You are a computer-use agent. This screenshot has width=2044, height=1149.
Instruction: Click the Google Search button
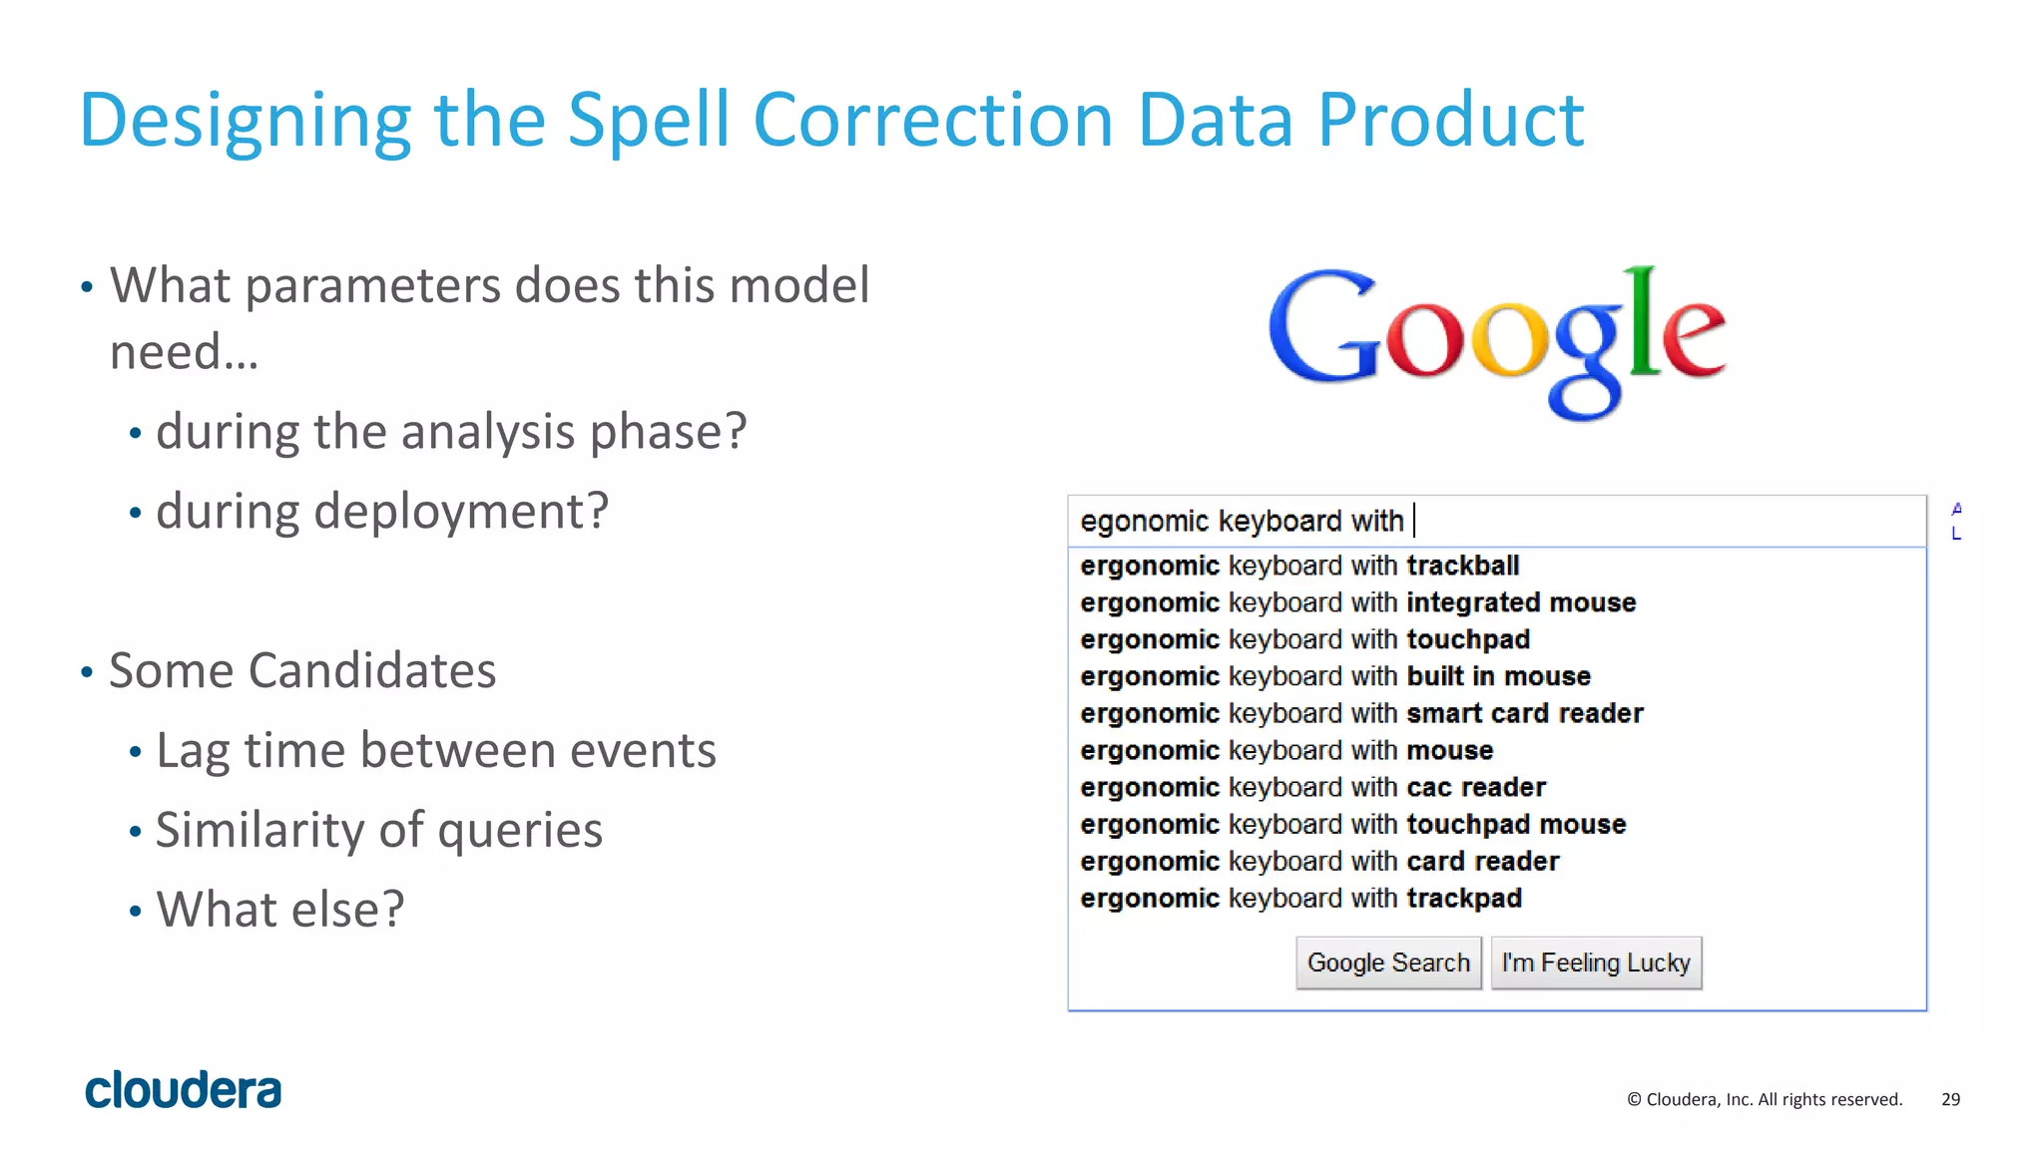[x=1388, y=962]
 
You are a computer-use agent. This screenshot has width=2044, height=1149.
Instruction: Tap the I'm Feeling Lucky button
[x=1596, y=962]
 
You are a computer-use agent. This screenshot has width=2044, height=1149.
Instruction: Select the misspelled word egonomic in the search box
[x=1144, y=521]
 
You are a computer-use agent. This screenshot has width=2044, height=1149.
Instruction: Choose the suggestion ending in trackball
[x=1299, y=566]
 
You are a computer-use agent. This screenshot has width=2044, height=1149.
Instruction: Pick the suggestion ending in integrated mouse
[x=1357, y=602]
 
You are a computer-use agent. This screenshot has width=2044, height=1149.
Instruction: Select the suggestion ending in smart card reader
[x=1361, y=713]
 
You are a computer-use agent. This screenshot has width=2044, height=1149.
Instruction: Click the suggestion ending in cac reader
[x=1312, y=787]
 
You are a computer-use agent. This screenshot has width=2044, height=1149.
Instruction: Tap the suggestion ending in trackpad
[x=1300, y=898]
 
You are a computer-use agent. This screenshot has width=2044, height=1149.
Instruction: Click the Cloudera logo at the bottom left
[x=184, y=1090]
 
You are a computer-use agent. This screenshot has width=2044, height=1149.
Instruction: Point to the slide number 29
[x=1950, y=1099]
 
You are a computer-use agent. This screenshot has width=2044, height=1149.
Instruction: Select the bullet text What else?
[x=280, y=910]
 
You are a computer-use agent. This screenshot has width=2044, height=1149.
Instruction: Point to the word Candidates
[x=371, y=670]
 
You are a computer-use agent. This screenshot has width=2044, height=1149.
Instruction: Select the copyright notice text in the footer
[x=1765, y=1099]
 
